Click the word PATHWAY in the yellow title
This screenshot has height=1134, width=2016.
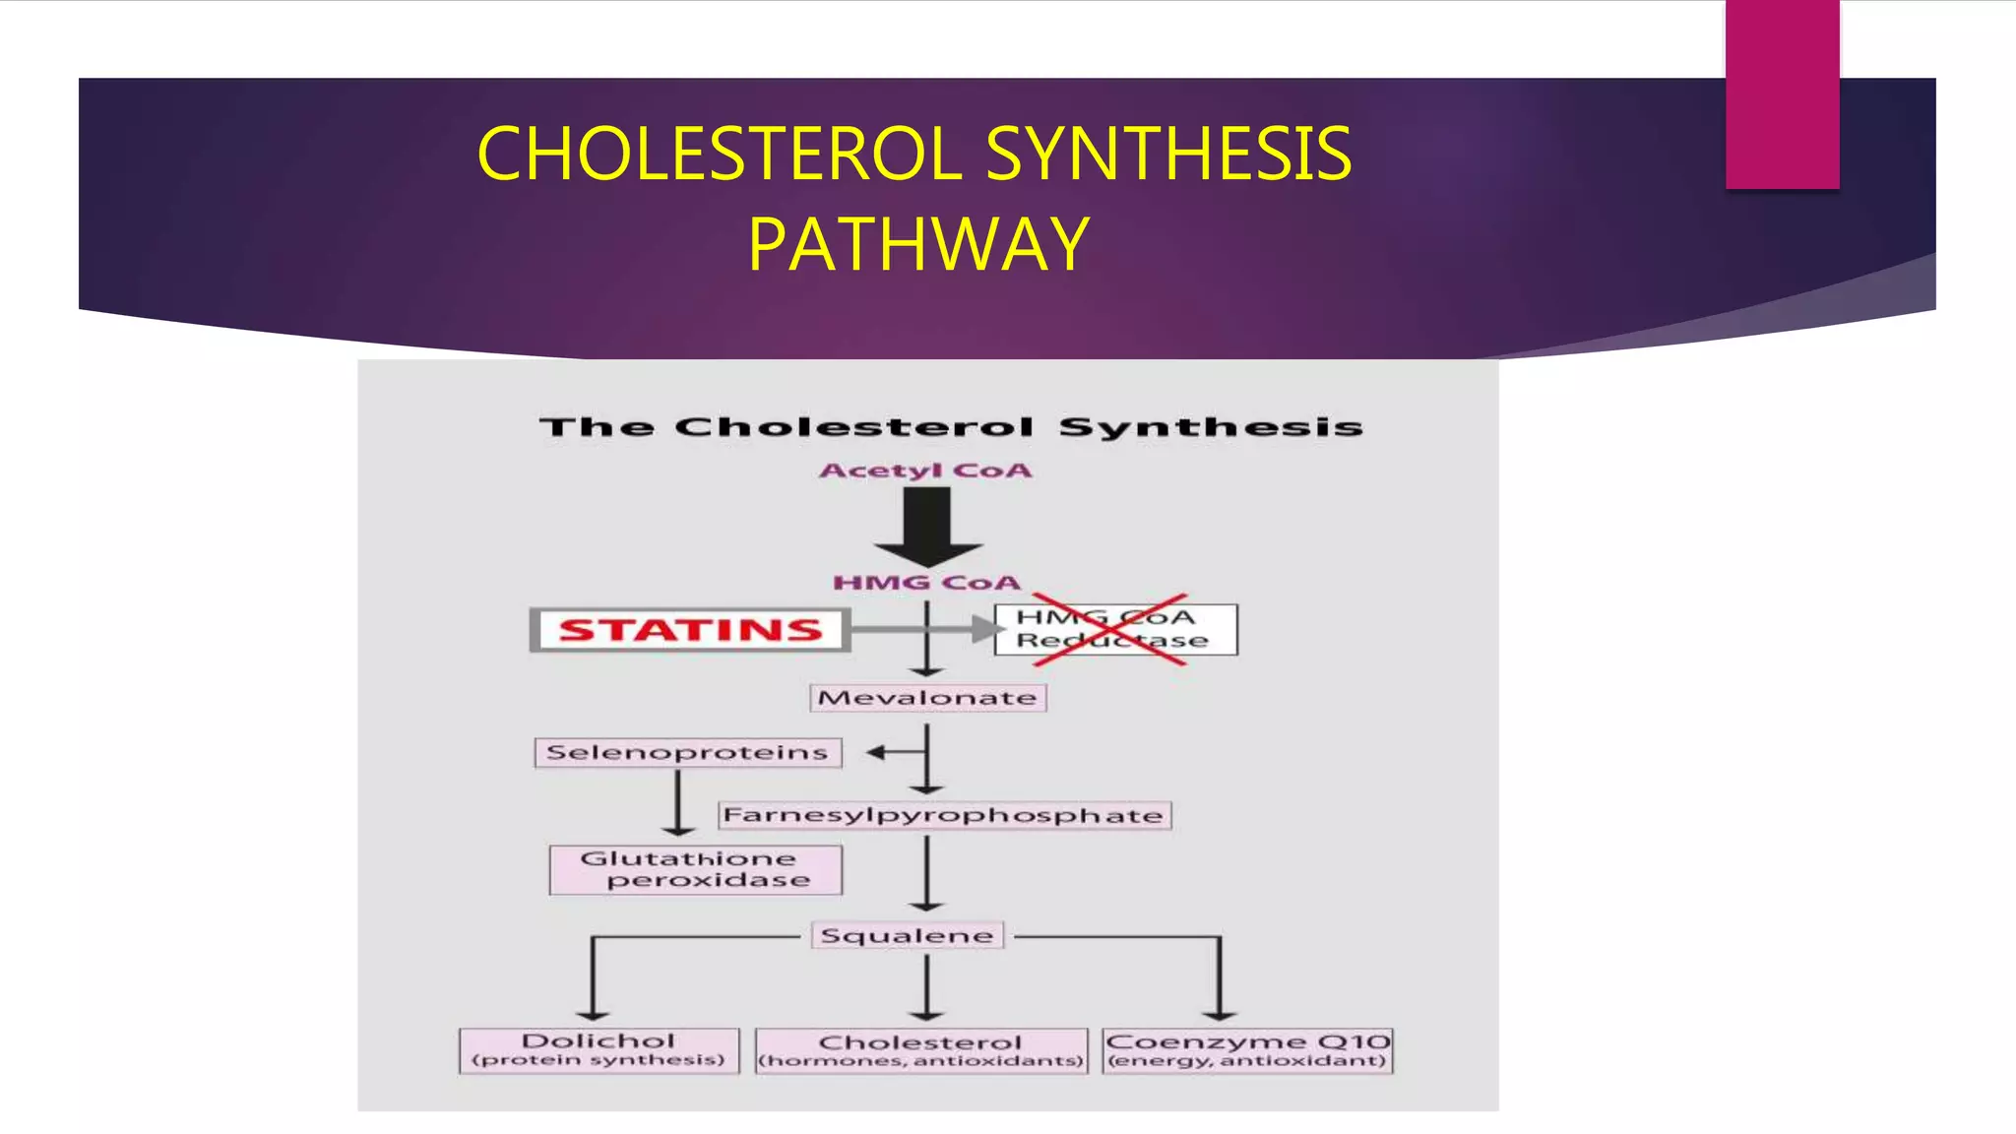pos(917,244)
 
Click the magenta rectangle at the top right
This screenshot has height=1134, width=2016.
pos(1782,94)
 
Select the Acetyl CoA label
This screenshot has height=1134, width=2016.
pos(925,471)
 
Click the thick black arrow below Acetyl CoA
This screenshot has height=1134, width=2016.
pos(927,527)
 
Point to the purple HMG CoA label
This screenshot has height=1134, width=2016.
pos(926,583)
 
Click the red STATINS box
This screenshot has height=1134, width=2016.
pos(690,630)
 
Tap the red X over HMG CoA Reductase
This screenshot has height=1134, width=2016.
pos(1110,630)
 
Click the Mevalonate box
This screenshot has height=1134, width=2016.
pos(927,698)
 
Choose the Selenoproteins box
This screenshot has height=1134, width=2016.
pos(687,753)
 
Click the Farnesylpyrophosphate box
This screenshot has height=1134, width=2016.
pos(943,815)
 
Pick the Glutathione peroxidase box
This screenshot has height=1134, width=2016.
pos(695,869)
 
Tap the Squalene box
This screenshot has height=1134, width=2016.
pos(907,935)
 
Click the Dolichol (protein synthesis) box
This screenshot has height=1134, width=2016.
pos(598,1050)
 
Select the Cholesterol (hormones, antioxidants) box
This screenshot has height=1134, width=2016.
pos(921,1051)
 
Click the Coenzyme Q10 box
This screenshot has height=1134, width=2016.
pos(1247,1050)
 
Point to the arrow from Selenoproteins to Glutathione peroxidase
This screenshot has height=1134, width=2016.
pos(678,802)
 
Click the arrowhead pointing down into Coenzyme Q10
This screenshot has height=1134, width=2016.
pos(1220,1013)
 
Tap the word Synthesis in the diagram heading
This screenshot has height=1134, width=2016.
pos(1211,427)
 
